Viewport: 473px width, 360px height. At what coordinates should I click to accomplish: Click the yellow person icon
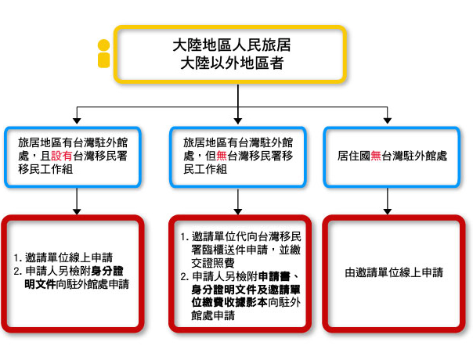[103, 54]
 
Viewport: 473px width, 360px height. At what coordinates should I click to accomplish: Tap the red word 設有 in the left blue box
[62, 156]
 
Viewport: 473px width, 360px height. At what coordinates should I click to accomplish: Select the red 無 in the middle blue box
[222, 156]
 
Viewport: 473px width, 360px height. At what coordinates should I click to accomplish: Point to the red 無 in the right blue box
[376, 156]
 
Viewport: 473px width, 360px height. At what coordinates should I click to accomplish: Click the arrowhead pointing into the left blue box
[77, 121]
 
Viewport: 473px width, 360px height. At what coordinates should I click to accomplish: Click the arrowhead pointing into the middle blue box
[238, 121]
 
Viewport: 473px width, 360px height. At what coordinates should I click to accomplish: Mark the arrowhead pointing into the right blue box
[388, 121]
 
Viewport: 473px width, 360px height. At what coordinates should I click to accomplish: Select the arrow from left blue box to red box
[77, 201]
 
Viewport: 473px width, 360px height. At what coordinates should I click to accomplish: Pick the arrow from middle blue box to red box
[238, 201]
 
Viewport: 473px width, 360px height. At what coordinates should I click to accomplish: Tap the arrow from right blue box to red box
[388, 201]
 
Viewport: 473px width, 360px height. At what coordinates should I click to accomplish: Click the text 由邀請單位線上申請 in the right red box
[394, 272]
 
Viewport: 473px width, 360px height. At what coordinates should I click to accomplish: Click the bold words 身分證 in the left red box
[107, 271]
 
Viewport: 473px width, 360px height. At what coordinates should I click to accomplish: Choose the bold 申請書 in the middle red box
[275, 276]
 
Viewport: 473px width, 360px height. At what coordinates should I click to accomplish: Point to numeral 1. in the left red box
[18, 258]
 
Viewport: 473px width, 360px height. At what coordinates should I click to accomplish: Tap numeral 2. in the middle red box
[185, 276]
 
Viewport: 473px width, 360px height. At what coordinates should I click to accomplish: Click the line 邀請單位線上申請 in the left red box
[69, 257]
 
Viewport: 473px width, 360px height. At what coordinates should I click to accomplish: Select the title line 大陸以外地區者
[232, 63]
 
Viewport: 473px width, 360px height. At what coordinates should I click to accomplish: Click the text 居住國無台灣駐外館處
[392, 156]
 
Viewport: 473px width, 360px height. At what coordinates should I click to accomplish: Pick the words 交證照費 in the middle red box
[213, 263]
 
